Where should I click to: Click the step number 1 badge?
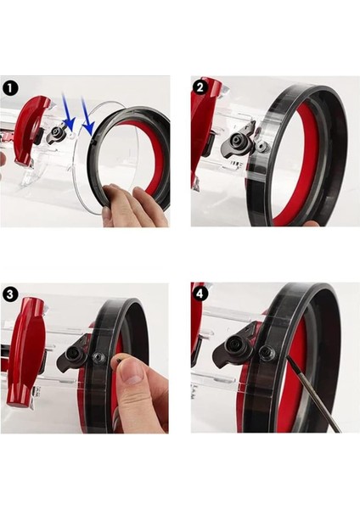pos(11,87)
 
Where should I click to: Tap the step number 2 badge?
pos(201,87)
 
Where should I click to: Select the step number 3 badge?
pos(11,294)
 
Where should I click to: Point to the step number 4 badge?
pos(201,294)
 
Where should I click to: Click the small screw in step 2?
pos(261,146)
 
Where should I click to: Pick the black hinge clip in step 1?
pos(59,134)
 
